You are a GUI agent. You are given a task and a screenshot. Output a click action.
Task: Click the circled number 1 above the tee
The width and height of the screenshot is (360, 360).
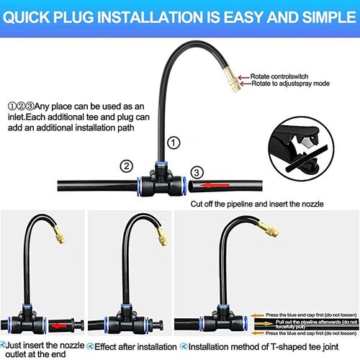[x=172, y=143]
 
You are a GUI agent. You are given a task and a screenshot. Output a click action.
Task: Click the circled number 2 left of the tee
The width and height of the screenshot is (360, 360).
[x=127, y=167]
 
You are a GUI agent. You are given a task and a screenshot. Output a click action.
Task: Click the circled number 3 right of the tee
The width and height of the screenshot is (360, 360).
[x=199, y=173]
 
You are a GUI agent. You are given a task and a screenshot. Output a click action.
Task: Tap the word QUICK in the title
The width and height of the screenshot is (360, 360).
[x=35, y=14]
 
